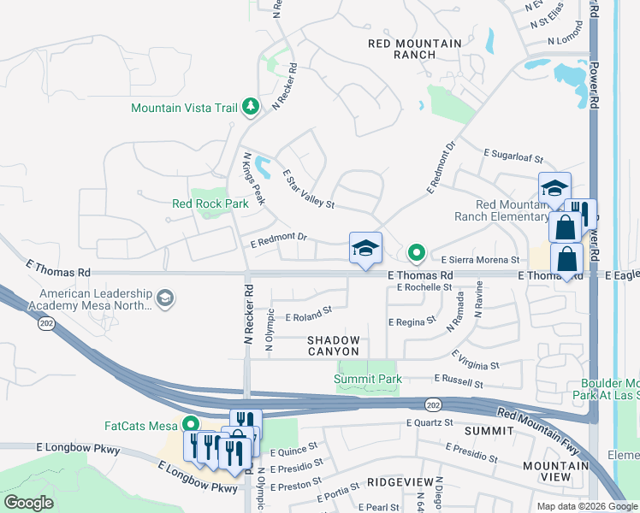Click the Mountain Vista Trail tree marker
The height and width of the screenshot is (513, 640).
pos(250,107)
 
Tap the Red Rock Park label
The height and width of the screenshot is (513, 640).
pos(210,203)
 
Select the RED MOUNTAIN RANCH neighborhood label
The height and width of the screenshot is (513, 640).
pos(414,49)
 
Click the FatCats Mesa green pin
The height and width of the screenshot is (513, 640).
pos(190,424)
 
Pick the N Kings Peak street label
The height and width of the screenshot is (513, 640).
pos(254,179)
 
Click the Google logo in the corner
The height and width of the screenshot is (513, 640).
pos(29,502)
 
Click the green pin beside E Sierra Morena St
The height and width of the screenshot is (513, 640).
pos(417,252)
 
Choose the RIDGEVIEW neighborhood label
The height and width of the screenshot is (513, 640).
pos(394,483)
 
